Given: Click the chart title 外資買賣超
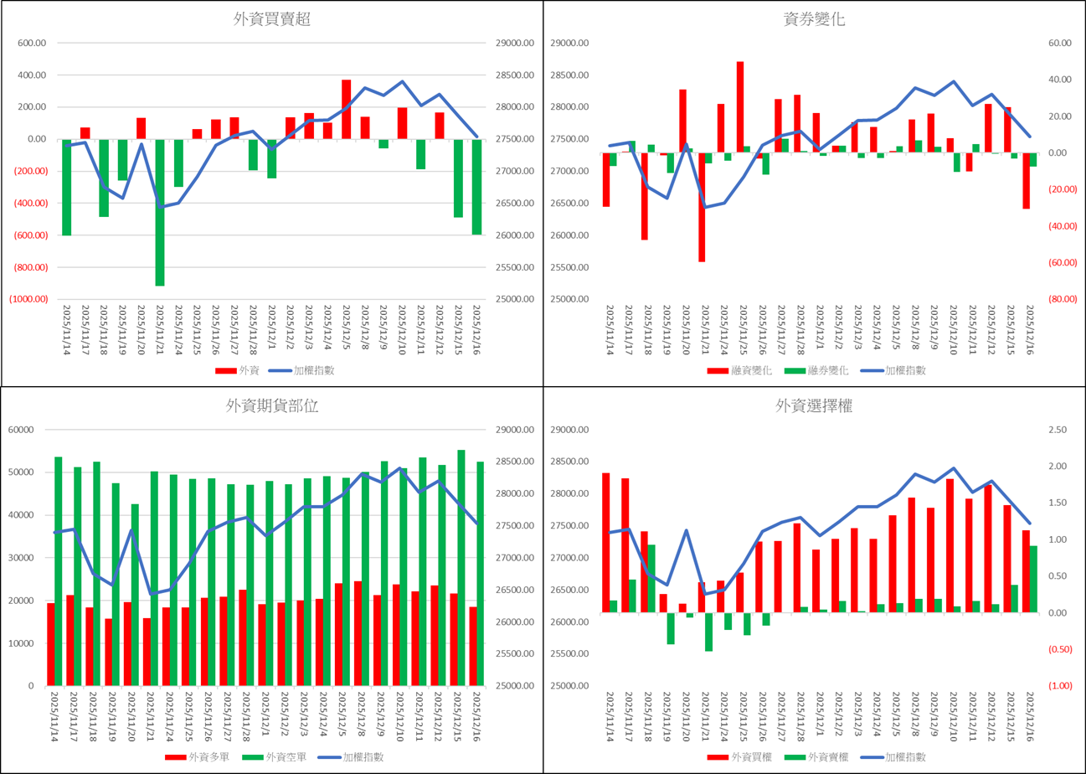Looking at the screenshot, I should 272,20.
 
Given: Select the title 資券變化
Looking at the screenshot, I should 815,20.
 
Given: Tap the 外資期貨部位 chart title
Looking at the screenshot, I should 272,406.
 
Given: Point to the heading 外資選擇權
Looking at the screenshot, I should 815,407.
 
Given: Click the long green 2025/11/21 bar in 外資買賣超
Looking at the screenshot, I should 160,213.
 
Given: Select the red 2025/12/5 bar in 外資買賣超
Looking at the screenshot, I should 346,109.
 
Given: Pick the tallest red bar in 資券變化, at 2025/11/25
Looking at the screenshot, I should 740,106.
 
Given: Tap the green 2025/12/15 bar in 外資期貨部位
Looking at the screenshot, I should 461,567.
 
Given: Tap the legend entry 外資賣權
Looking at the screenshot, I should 821,757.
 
